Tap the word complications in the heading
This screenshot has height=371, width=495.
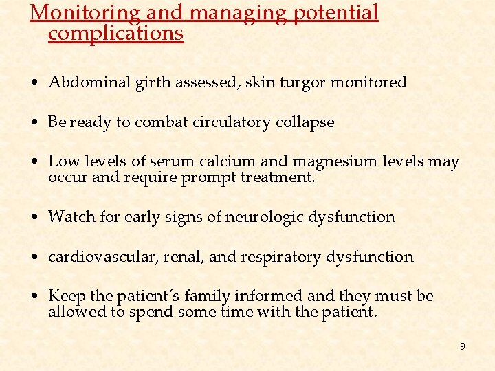(x=115, y=33)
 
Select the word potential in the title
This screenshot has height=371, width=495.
(x=335, y=13)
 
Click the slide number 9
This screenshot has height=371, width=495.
(x=462, y=346)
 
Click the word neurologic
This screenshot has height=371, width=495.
(x=263, y=218)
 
